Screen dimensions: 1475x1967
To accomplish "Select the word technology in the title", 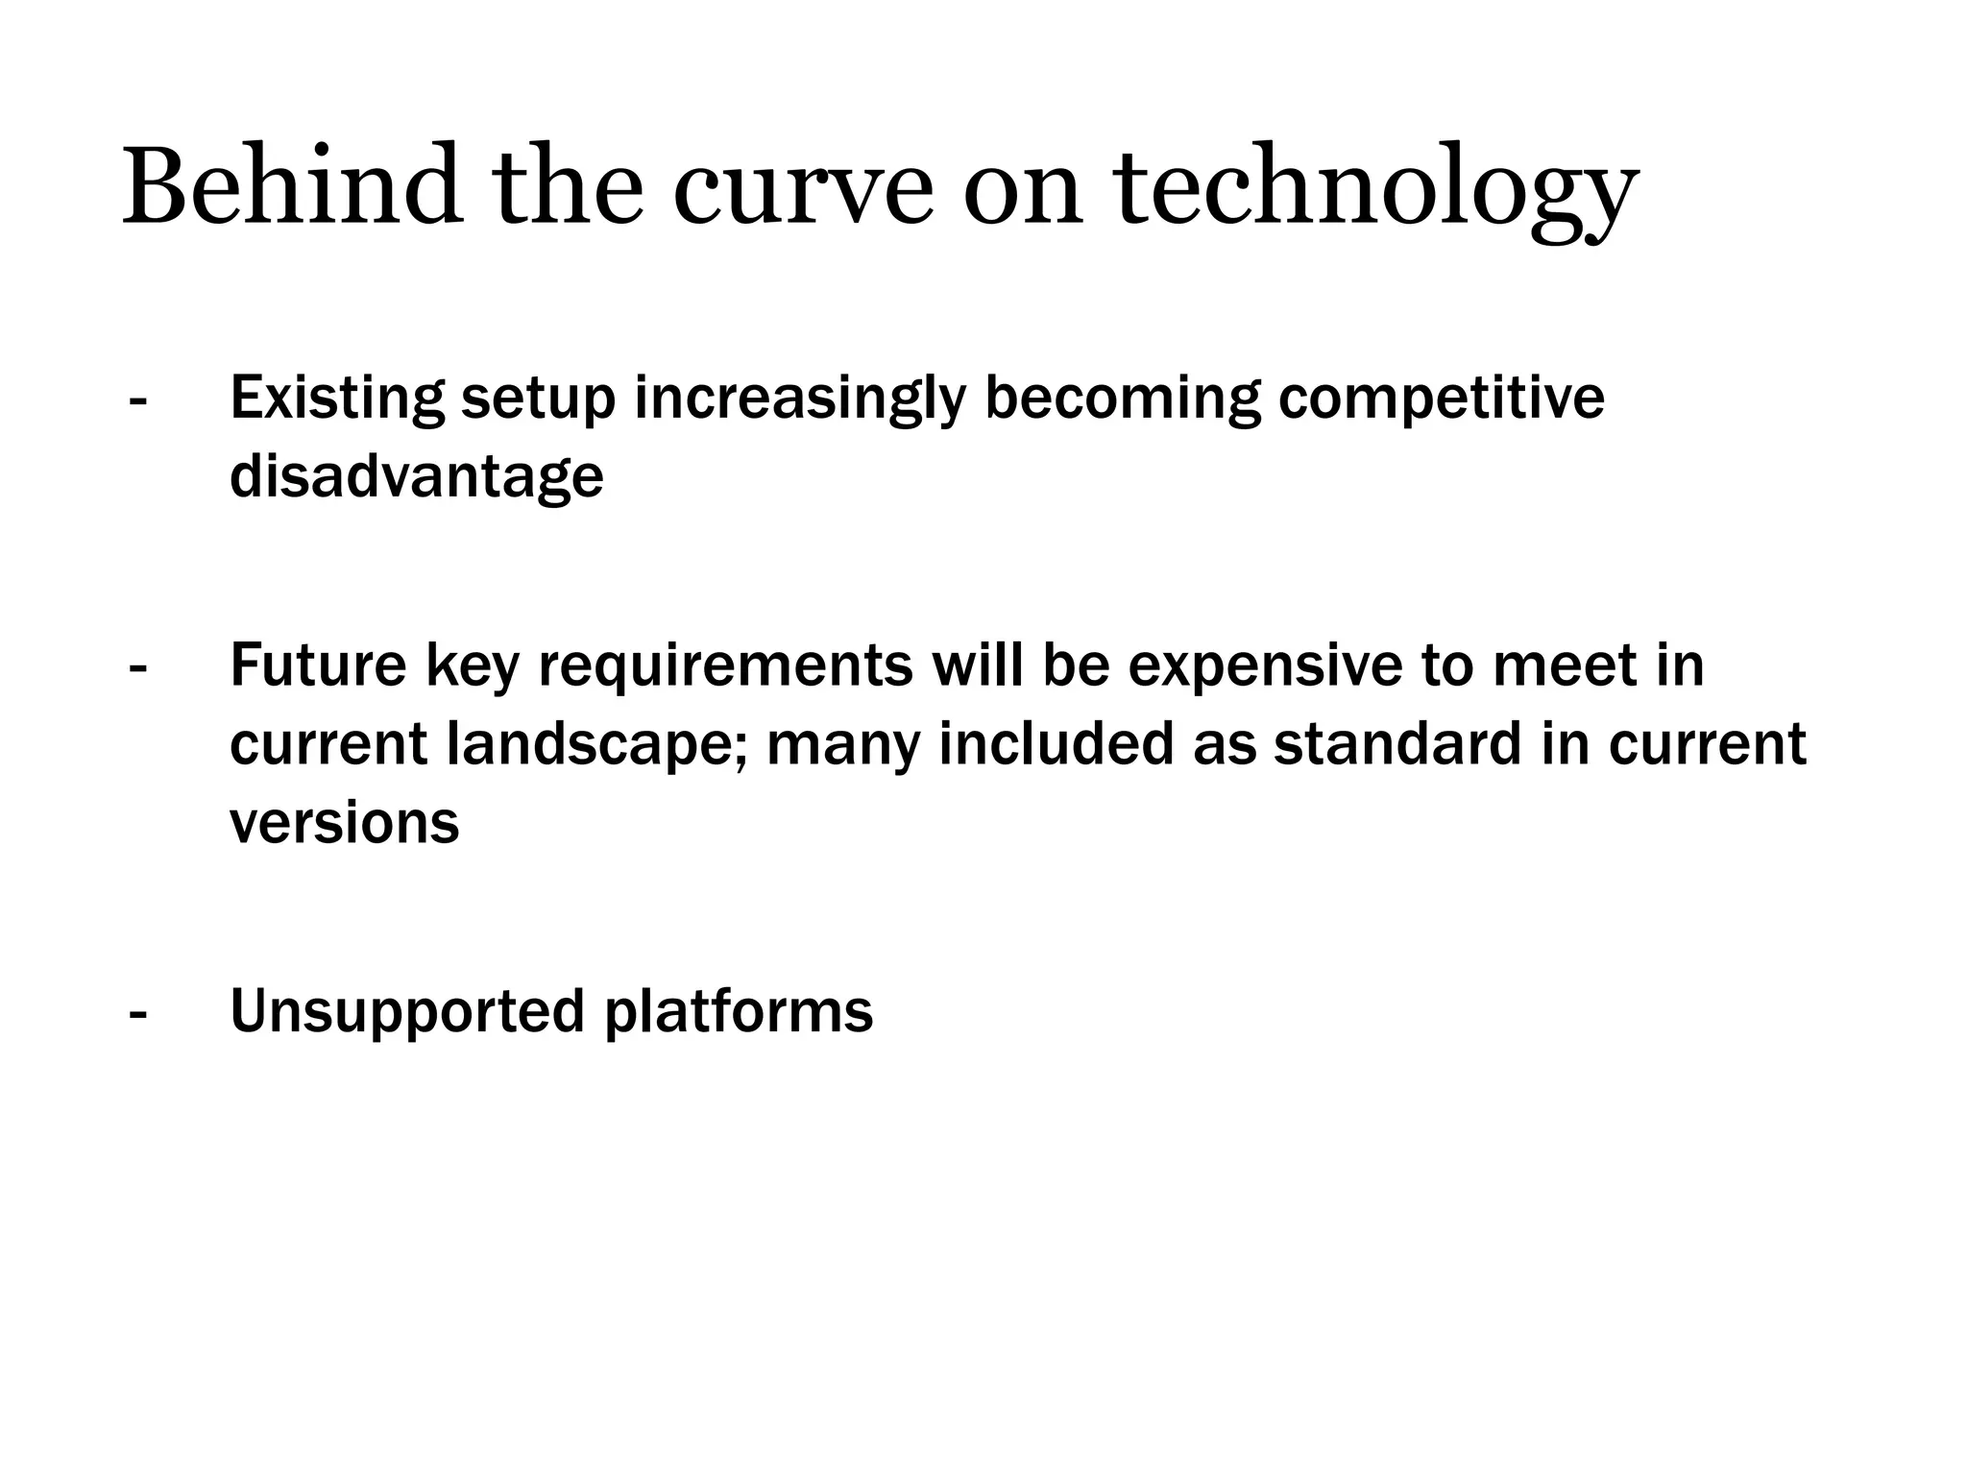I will click(x=1375, y=192).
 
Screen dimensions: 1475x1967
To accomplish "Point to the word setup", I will click(x=538, y=399).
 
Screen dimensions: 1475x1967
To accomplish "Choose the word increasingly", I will click(x=799, y=399).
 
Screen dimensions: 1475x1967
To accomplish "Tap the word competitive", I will click(x=1440, y=399).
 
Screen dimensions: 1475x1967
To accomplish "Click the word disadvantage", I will click(x=417, y=476).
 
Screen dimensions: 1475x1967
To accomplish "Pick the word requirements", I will click(x=725, y=666).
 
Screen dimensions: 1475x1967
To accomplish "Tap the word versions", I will click(x=345, y=823).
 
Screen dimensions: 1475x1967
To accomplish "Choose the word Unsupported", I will click(x=407, y=1012).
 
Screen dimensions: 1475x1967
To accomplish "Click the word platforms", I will click(x=739, y=1012).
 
